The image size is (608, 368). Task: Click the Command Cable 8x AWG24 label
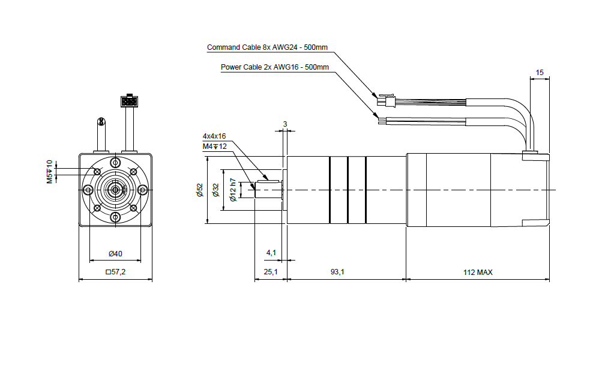(x=267, y=47)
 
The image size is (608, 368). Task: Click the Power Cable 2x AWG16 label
(x=275, y=67)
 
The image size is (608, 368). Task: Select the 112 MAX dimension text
(x=478, y=273)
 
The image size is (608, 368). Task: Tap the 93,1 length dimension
(x=337, y=273)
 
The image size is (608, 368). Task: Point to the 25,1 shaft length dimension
(x=271, y=273)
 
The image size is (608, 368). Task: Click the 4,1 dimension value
(x=271, y=253)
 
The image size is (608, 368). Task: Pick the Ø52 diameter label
(x=200, y=190)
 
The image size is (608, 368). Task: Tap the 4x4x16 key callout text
(x=214, y=136)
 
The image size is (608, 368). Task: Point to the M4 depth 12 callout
(x=214, y=146)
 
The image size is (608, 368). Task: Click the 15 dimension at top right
(x=540, y=73)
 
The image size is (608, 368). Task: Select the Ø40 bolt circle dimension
(x=115, y=254)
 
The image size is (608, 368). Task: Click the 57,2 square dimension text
(x=115, y=273)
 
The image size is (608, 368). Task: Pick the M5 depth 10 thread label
(x=50, y=171)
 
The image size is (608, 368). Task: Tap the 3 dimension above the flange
(x=285, y=124)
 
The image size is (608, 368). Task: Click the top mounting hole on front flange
(x=115, y=163)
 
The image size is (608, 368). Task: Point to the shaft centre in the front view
(x=115, y=190)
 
